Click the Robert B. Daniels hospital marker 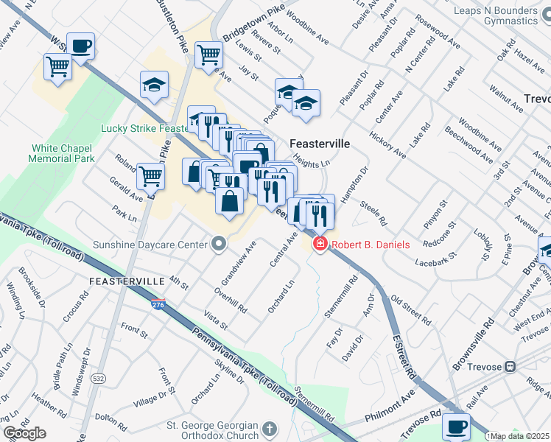[320, 244]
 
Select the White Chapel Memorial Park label [62, 153]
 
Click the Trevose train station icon [508, 367]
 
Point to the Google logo [24, 433]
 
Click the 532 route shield [98, 377]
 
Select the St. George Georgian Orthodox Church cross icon [270, 427]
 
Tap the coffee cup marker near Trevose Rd [456, 426]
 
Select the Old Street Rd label [410, 310]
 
